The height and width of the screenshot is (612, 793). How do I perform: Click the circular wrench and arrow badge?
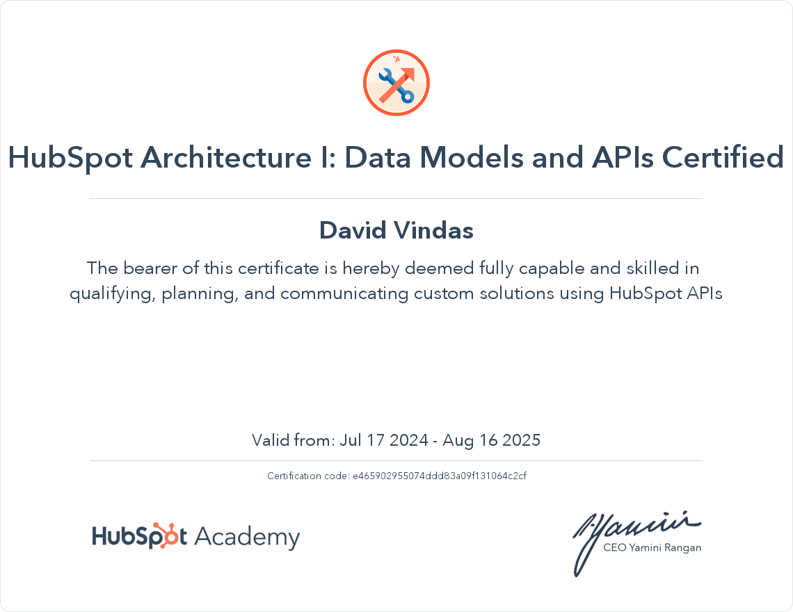(x=396, y=83)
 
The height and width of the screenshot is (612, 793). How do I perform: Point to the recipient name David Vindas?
(x=396, y=230)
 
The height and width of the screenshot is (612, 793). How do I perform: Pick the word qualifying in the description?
(x=111, y=293)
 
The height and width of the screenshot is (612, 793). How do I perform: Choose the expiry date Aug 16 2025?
(x=491, y=440)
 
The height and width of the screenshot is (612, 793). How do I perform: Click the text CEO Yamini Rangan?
(x=652, y=547)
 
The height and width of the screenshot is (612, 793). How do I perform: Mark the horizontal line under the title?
(x=396, y=198)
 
